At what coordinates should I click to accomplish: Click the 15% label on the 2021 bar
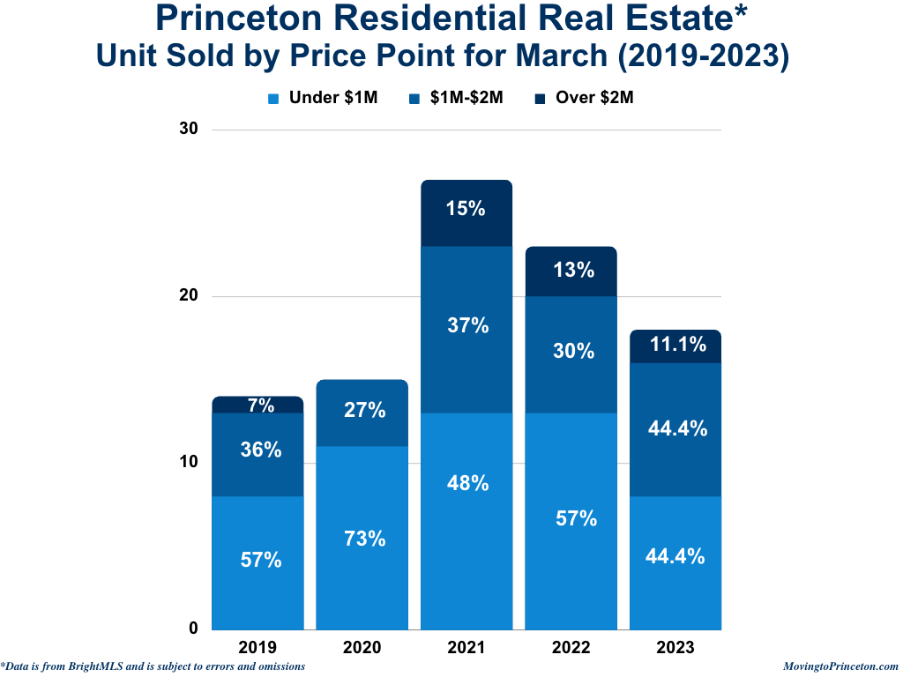click(x=466, y=210)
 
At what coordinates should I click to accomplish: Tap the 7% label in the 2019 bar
click(x=261, y=405)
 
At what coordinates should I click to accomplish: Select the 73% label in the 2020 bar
click(x=365, y=539)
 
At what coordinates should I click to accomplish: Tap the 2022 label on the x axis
click(x=571, y=648)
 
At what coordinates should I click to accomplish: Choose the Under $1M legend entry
click(x=323, y=99)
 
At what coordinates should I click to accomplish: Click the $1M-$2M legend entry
click(x=457, y=99)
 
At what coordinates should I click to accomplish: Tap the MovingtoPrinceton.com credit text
click(x=840, y=666)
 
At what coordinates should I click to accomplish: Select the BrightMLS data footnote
click(x=153, y=666)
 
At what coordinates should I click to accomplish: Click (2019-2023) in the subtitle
click(x=703, y=55)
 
